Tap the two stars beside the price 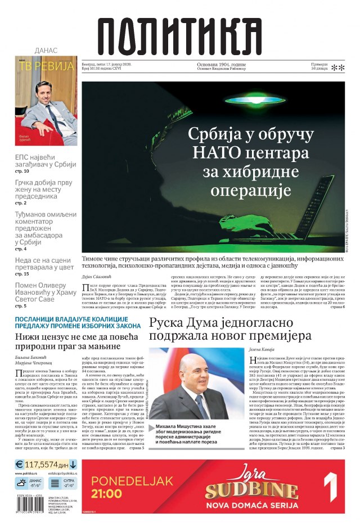(x=337, y=68)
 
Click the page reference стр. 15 (x=22, y=273)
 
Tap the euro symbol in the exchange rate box (x=20, y=465)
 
